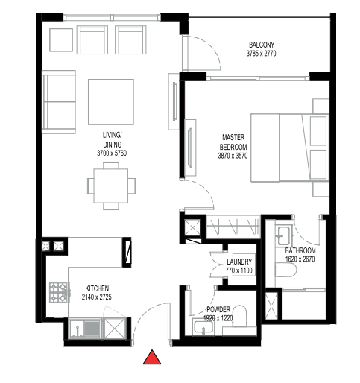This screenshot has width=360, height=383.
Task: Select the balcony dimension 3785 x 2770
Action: coord(261,54)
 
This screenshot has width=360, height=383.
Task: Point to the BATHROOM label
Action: coord(301,251)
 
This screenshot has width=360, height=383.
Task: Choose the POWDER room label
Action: coord(218,309)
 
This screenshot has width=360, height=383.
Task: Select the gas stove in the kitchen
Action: coord(59,292)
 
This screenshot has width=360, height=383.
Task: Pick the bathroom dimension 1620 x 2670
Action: coord(301,260)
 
